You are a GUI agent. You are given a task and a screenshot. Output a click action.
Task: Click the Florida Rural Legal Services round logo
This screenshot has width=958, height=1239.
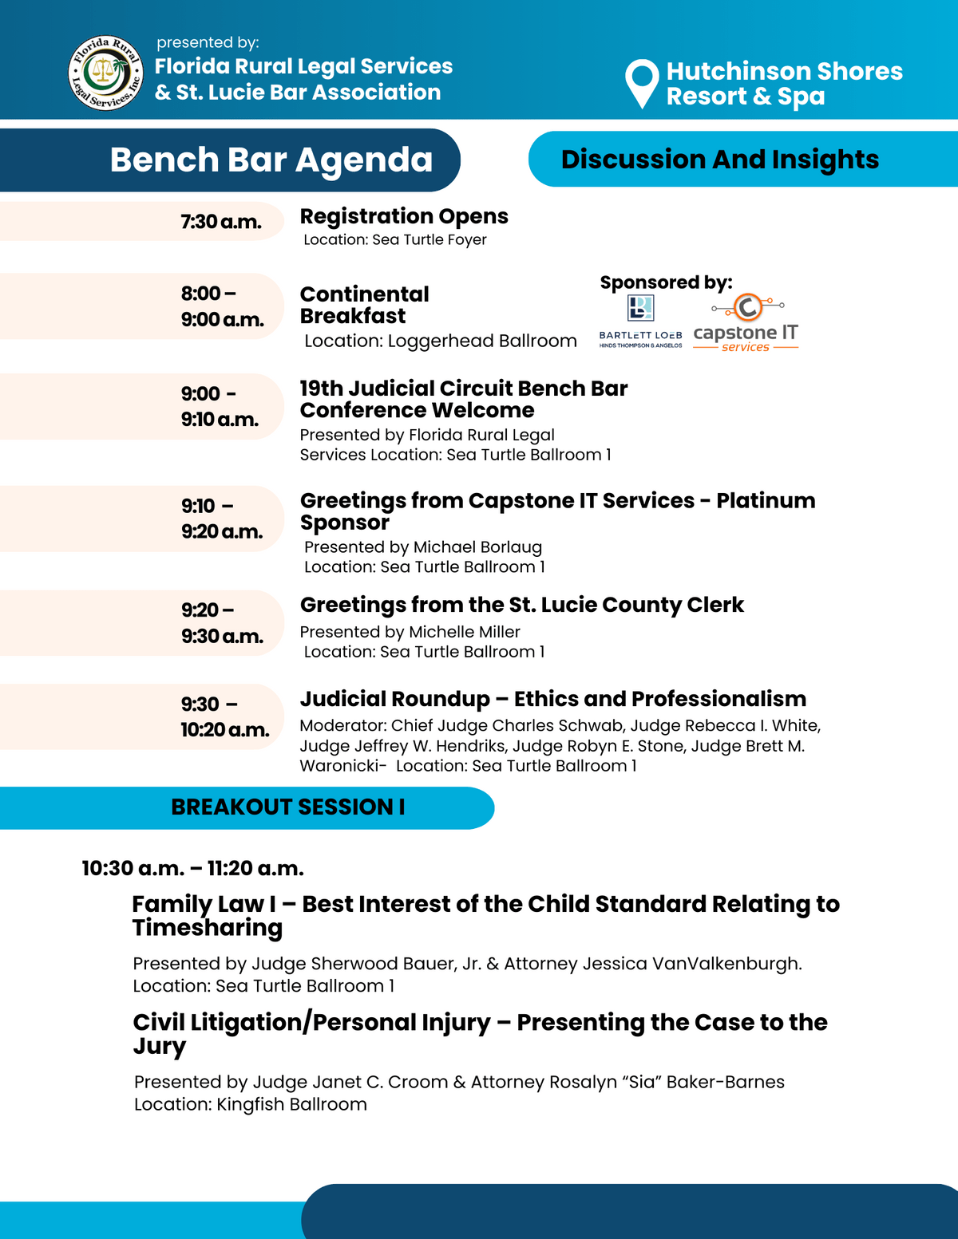[x=106, y=73]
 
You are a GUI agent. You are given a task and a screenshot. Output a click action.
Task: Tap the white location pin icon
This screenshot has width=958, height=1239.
[x=642, y=81]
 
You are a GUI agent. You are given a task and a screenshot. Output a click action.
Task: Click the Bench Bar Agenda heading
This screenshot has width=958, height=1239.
[x=271, y=160]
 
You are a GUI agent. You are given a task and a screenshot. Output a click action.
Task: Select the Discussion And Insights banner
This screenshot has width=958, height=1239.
[x=719, y=160]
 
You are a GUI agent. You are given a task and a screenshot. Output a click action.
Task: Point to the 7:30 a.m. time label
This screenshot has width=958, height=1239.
[x=221, y=222]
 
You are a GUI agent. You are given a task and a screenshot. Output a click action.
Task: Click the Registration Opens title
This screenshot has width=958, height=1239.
[x=404, y=216]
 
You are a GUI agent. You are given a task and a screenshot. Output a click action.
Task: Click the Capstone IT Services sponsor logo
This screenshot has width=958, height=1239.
[x=746, y=324]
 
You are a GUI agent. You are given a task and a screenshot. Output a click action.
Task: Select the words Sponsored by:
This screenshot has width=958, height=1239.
[x=666, y=282]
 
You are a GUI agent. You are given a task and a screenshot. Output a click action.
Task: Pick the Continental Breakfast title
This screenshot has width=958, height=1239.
[x=364, y=305]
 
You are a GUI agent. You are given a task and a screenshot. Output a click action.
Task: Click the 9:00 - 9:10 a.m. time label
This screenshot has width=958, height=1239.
[x=220, y=406]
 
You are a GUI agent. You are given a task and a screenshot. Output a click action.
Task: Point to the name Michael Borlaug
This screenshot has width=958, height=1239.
[x=477, y=547]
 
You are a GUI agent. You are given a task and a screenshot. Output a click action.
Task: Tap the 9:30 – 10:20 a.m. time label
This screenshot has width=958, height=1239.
[x=224, y=716]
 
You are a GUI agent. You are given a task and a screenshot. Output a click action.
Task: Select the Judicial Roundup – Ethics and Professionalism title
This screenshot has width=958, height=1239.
[x=552, y=699]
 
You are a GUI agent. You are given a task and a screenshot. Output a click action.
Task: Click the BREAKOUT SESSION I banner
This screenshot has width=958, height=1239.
[x=287, y=807]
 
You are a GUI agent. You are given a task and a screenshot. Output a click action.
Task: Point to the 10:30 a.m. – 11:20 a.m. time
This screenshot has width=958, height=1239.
[x=192, y=868]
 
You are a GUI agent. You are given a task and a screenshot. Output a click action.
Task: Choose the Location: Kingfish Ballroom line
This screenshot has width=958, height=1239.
[x=251, y=1104]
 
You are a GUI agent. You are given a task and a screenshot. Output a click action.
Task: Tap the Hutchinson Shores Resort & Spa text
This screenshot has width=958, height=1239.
[x=784, y=83]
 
